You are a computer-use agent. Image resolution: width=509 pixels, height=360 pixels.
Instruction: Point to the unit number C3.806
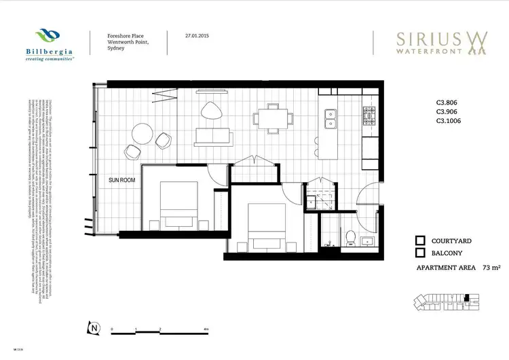[449, 103]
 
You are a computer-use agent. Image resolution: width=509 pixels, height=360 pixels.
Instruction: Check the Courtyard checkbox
[420, 240]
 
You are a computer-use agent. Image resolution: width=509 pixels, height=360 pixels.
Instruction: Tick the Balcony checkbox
[420, 253]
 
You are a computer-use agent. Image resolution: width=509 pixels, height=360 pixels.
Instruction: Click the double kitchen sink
[332, 119]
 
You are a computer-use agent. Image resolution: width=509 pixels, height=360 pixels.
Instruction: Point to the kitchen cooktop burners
[371, 118]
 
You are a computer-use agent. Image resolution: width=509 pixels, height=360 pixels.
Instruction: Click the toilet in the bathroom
[350, 237]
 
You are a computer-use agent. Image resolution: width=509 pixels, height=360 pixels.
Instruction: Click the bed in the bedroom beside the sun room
[178, 204]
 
